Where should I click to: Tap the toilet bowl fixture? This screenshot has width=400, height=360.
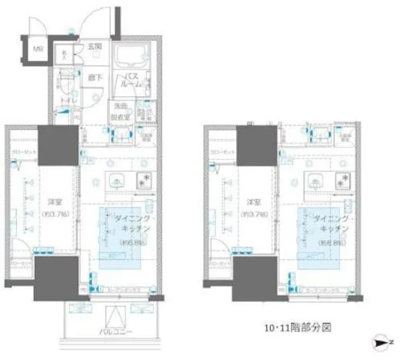[x=68, y=77]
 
